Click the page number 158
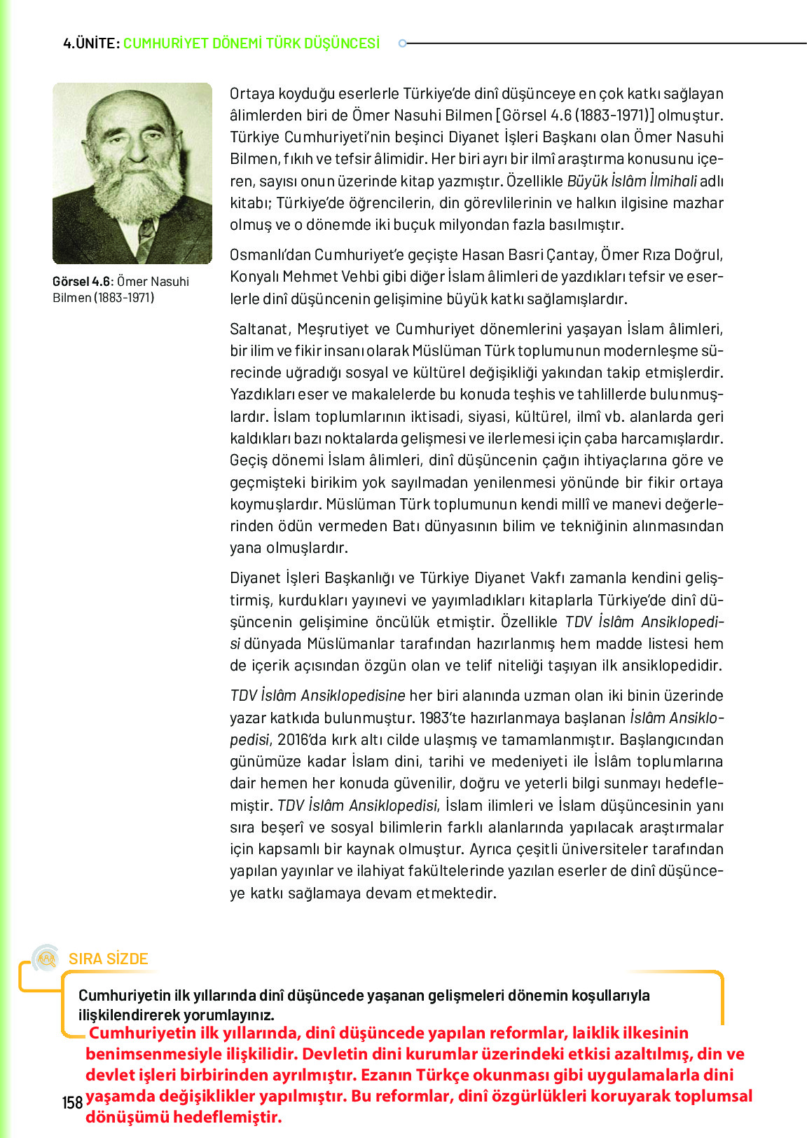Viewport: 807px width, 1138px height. (x=72, y=1103)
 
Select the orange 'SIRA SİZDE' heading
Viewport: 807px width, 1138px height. (x=109, y=959)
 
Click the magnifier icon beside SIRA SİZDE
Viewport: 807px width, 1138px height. (x=47, y=959)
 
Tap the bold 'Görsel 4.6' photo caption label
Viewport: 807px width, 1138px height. (x=81, y=282)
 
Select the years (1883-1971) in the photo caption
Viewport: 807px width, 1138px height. (x=124, y=298)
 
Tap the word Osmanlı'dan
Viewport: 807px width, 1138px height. (x=270, y=254)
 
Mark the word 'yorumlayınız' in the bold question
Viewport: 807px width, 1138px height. (x=228, y=1015)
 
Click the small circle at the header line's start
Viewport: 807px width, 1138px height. (x=402, y=43)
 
